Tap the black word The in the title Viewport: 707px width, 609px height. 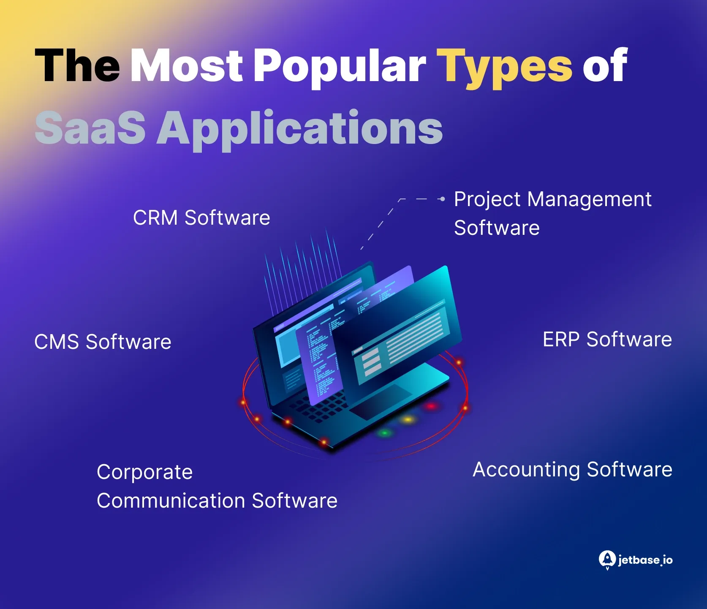coord(77,65)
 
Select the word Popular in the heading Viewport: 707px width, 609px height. coord(339,67)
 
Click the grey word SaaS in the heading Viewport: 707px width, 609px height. coord(90,127)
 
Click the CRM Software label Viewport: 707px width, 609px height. coord(201,218)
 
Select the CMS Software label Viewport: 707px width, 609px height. coord(103,342)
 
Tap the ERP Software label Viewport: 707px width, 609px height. coord(607,339)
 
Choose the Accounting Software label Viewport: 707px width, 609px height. coord(572,469)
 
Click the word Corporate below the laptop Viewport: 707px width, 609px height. coord(144,472)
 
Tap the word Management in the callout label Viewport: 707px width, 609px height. coord(589,199)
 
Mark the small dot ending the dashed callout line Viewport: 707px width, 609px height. coord(442,199)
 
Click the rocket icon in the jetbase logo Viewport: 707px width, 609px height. coord(607,560)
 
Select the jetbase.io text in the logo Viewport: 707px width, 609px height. coord(645,560)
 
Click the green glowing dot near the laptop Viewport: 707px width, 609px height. coord(384,433)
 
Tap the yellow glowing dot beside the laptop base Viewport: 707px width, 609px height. coord(408,420)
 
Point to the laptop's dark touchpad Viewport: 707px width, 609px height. coord(380,401)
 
